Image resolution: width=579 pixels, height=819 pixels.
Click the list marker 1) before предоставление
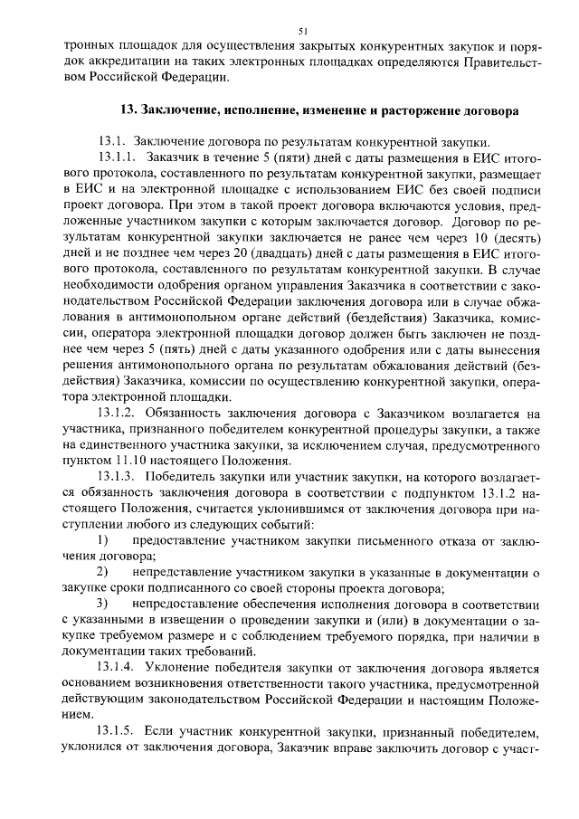tap(103, 540)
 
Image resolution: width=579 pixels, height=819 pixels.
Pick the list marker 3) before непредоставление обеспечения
tap(103, 604)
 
